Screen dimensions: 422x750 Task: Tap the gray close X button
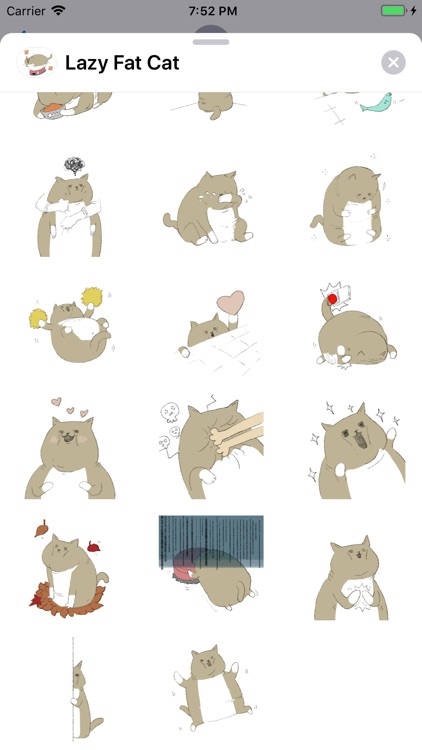pos(393,63)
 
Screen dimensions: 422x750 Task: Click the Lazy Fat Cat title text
pos(122,63)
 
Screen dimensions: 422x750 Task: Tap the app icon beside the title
pos(37,63)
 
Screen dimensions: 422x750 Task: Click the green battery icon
pos(393,11)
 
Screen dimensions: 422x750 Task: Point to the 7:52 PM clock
pos(212,11)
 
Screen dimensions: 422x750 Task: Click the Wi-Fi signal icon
pos(58,11)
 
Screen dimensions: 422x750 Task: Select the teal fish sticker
pos(376,102)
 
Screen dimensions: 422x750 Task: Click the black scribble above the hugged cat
pos(74,165)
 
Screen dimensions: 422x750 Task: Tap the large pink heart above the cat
pos(231,302)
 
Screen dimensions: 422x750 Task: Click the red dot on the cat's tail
pos(333,299)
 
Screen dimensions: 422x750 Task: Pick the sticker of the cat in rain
pos(211,562)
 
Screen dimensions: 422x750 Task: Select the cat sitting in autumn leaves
pos(70,572)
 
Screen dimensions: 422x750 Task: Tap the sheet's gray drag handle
pos(211,42)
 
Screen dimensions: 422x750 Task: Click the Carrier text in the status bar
pos(26,11)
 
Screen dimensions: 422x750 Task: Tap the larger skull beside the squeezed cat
pos(170,411)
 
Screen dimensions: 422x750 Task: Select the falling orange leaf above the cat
pos(42,528)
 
